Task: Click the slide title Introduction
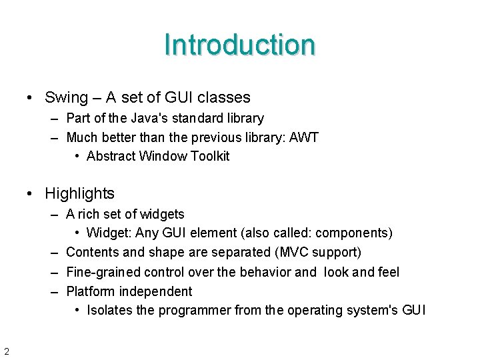click(x=239, y=45)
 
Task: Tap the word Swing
click(x=66, y=97)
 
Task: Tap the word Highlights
click(x=79, y=193)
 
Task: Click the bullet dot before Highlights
click(x=30, y=194)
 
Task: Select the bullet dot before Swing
click(x=30, y=98)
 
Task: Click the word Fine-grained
click(x=104, y=272)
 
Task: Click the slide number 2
click(x=6, y=351)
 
